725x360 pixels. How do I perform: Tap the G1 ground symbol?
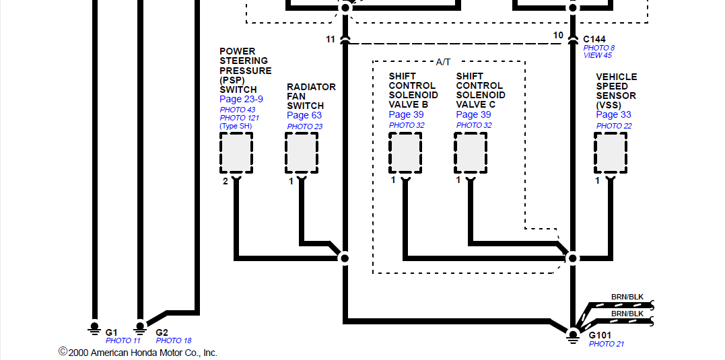(94, 329)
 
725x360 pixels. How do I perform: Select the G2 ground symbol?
(140, 329)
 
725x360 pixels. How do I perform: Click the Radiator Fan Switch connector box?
(301, 153)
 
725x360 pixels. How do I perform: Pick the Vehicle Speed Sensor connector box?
(610, 153)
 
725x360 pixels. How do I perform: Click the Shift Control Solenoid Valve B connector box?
(405, 153)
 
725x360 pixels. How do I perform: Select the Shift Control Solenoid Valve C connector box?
(470, 153)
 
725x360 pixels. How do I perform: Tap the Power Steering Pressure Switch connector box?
(236, 153)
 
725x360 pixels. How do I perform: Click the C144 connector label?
(594, 39)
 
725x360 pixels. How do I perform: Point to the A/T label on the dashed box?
(444, 62)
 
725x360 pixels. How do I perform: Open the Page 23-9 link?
(241, 100)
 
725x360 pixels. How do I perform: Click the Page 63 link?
(304, 116)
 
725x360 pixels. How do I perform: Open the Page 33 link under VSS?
(613, 115)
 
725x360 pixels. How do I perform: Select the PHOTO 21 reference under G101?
(606, 345)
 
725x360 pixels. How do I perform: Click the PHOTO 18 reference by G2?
(174, 340)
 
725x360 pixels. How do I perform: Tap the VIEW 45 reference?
(598, 56)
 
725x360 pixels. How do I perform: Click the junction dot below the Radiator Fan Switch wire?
(345, 258)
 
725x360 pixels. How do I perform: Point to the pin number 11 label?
(331, 40)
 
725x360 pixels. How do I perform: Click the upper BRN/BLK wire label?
(627, 297)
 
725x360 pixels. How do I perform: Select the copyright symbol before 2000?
(63, 351)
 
